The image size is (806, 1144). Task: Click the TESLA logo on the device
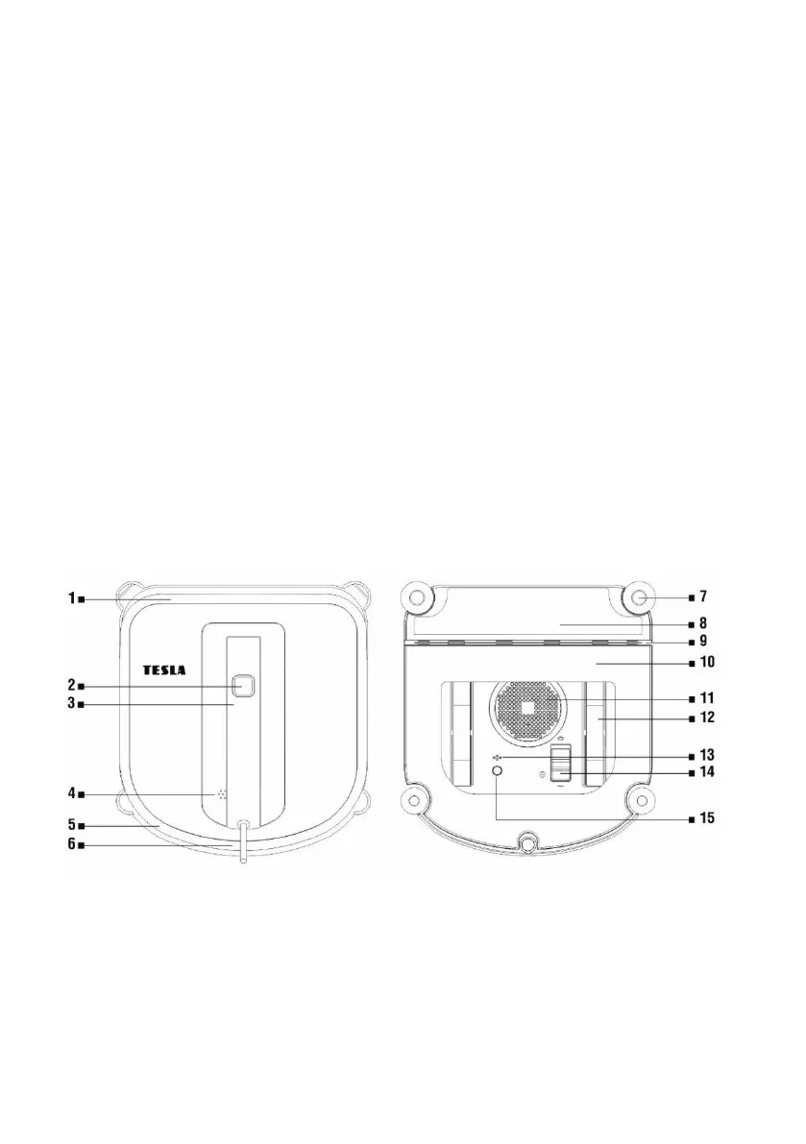163,669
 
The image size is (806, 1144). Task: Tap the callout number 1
72,598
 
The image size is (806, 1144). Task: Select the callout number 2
72,685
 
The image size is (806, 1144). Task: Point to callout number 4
72,793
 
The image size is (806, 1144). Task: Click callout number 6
72,844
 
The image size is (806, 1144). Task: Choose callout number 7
703,596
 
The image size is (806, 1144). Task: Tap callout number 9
703,642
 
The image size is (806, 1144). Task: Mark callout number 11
707,698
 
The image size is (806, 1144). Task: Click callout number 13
707,755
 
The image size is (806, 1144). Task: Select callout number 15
707,817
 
